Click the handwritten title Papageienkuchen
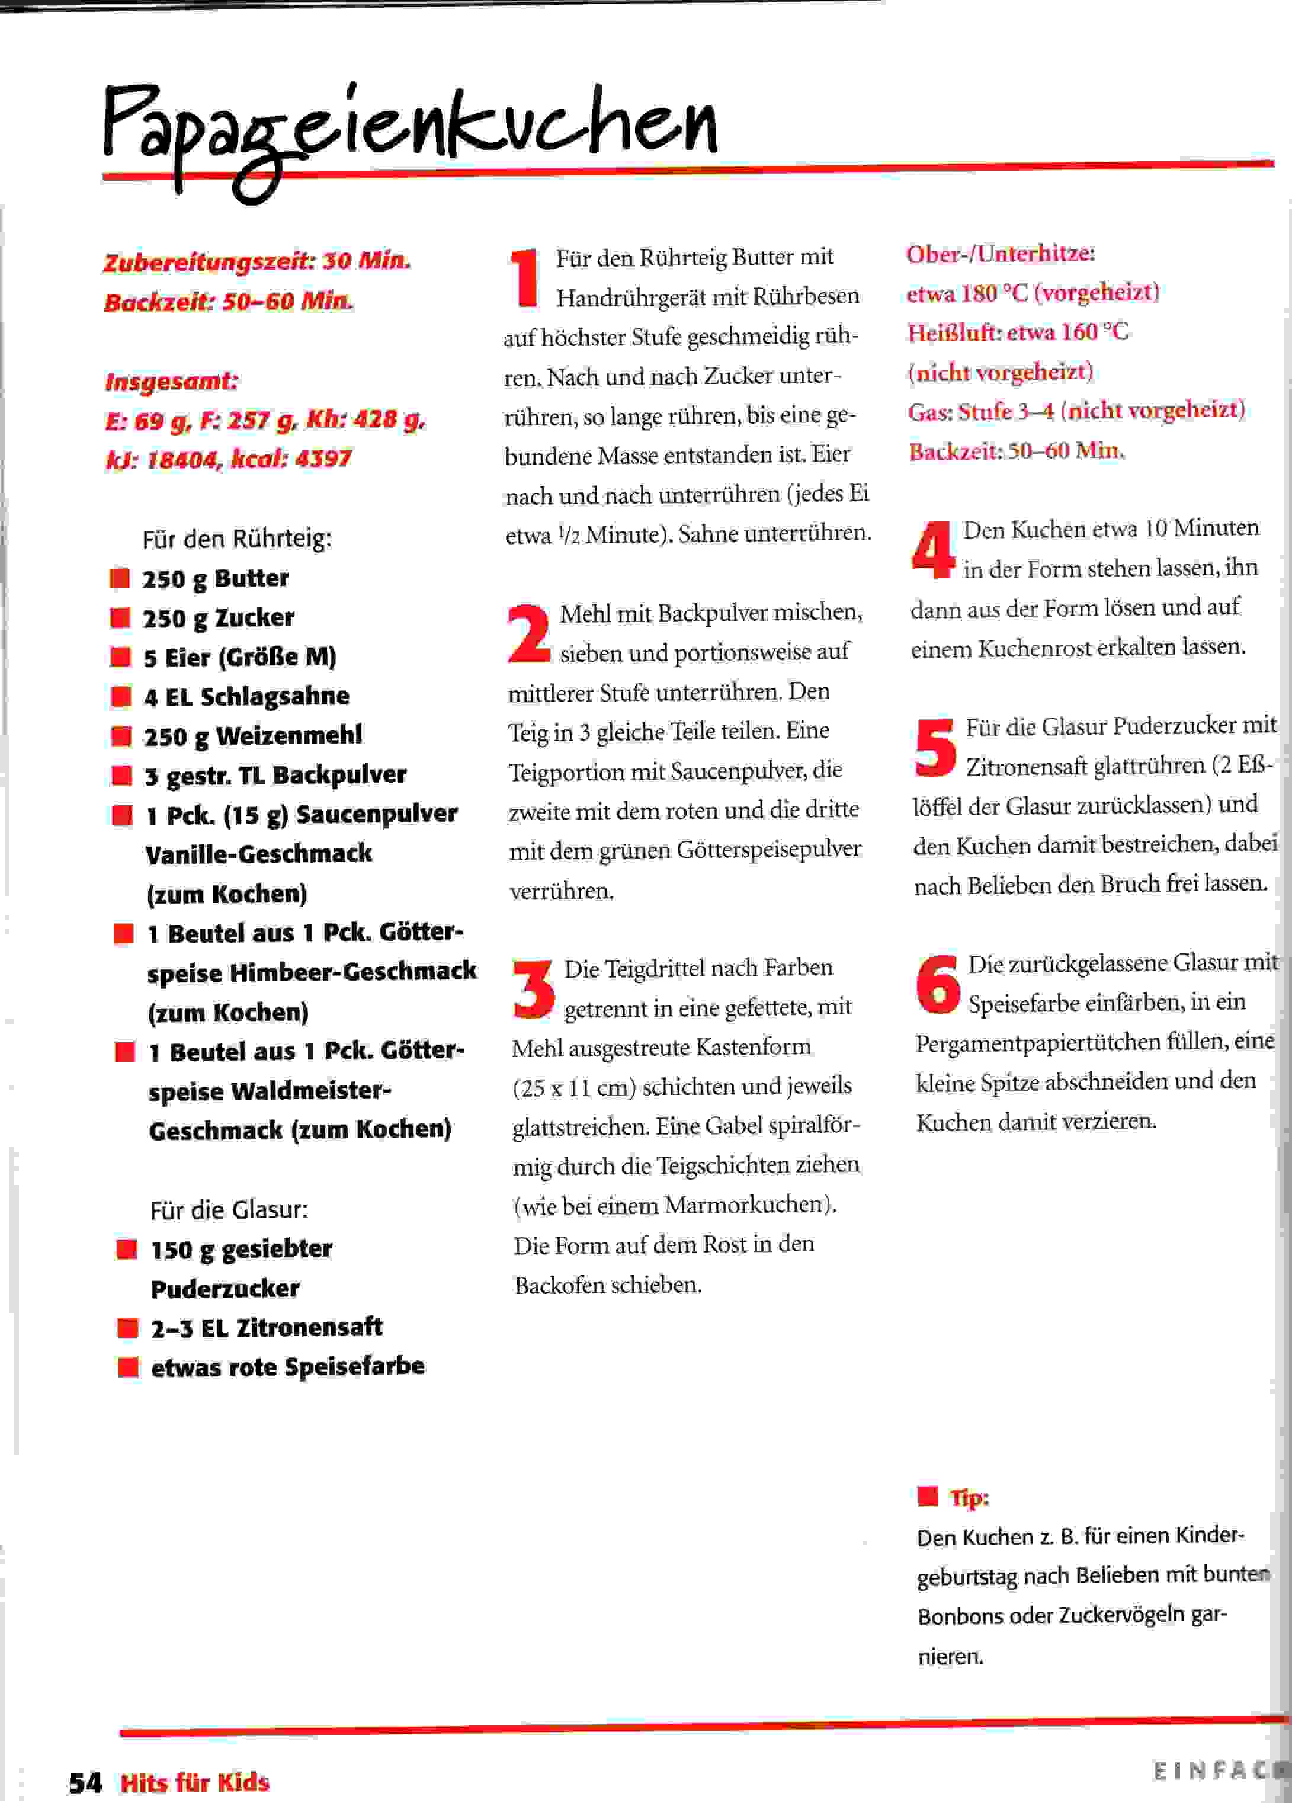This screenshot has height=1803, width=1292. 409,131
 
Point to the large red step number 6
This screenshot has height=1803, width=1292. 938,984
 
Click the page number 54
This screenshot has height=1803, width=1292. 85,1782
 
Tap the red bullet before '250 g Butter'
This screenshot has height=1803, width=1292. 120,578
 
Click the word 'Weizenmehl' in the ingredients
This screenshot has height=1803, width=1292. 288,735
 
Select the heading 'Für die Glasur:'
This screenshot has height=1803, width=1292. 229,1209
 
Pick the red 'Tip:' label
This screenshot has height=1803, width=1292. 969,1498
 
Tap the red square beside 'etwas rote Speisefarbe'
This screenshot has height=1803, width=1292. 127,1366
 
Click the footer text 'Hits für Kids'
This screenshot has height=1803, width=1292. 195,1782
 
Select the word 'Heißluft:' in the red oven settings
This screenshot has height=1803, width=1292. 954,332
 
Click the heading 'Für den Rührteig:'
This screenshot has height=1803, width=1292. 237,539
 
